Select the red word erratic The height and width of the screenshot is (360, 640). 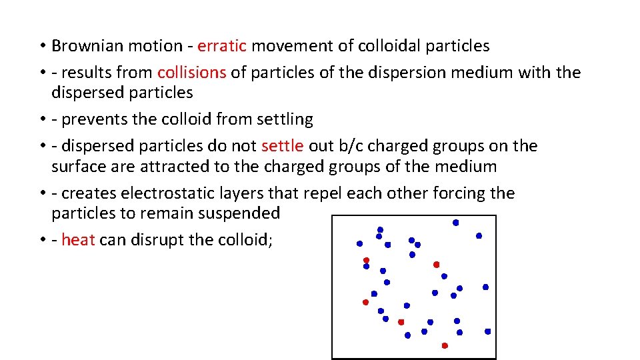coord(222,46)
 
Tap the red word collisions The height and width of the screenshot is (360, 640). coord(191,73)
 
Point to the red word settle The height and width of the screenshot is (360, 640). coord(283,146)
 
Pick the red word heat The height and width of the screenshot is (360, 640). coord(78,240)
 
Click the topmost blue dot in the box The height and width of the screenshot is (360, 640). coord(456,223)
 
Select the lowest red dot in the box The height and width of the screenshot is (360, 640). coord(445,345)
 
